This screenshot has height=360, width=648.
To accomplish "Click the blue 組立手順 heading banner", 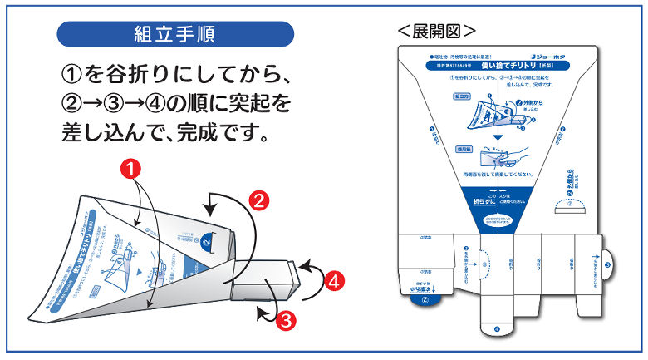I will (175, 34).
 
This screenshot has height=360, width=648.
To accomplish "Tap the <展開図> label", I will (436, 31).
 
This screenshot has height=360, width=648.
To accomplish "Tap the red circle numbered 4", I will (334, 281).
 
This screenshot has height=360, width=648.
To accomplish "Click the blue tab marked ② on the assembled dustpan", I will (205, 243).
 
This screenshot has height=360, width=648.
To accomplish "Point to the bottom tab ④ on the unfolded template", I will (497, 328).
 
